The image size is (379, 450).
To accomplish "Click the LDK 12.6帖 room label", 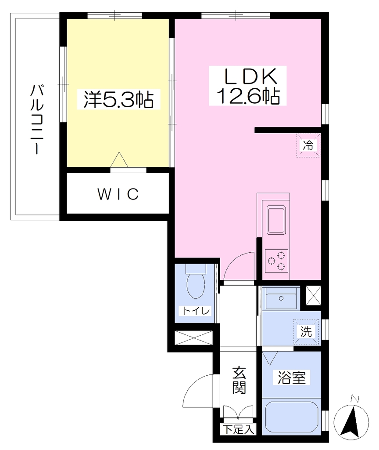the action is (x=247, y=86).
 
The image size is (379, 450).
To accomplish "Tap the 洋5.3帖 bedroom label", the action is (x=118, y=99).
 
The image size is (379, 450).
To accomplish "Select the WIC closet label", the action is (x=118, y=194).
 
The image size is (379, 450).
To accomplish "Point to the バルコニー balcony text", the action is (x=37, y=120).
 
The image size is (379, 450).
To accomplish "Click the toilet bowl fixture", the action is (x=196, y=282).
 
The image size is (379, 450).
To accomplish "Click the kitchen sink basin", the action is (x=276, y=220).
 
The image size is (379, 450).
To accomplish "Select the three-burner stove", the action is (x=276, y=261).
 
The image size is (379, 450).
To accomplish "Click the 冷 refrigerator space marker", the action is (x=308, y=145).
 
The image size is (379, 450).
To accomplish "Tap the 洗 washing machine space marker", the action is (x=306, y=332).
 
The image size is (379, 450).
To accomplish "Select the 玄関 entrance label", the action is (x=239, y=380).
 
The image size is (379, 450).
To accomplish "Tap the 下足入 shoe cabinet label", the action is (x=239, y=430).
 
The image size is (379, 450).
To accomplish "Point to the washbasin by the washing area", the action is (x=281, y=298).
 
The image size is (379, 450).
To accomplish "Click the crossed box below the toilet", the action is (x=194, y=338).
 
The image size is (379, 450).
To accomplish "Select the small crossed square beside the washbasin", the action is (x=313, y=295).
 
